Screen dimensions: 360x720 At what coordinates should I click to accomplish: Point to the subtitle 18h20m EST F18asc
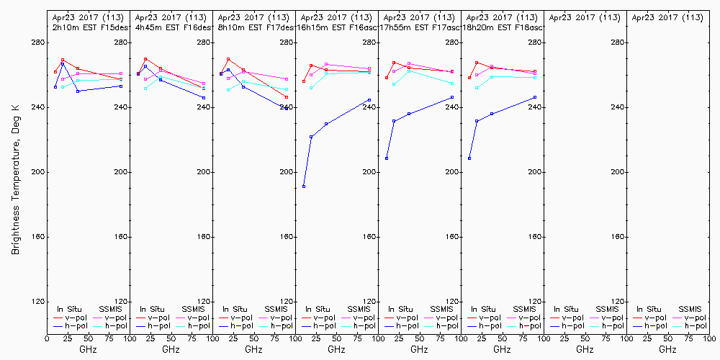(503, 27)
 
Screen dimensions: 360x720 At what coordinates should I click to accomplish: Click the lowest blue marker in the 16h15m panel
(304, 186)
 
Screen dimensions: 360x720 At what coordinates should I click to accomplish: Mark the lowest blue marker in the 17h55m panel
(387, 158)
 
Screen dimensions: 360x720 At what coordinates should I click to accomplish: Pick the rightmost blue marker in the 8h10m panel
(287, 108)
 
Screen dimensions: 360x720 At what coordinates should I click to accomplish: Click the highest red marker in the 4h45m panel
(145, 59)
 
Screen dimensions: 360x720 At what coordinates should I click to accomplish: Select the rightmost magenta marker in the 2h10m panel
(121, 73)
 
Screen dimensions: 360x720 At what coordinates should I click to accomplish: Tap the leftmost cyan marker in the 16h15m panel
(311, 87)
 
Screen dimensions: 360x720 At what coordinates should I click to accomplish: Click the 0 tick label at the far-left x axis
(47, 338)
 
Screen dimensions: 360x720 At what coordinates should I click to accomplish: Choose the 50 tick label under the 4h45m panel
(171, 338)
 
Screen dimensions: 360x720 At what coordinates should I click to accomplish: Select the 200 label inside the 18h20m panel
(535, 172)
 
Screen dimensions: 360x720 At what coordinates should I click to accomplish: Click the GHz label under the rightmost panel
(667, 349)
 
